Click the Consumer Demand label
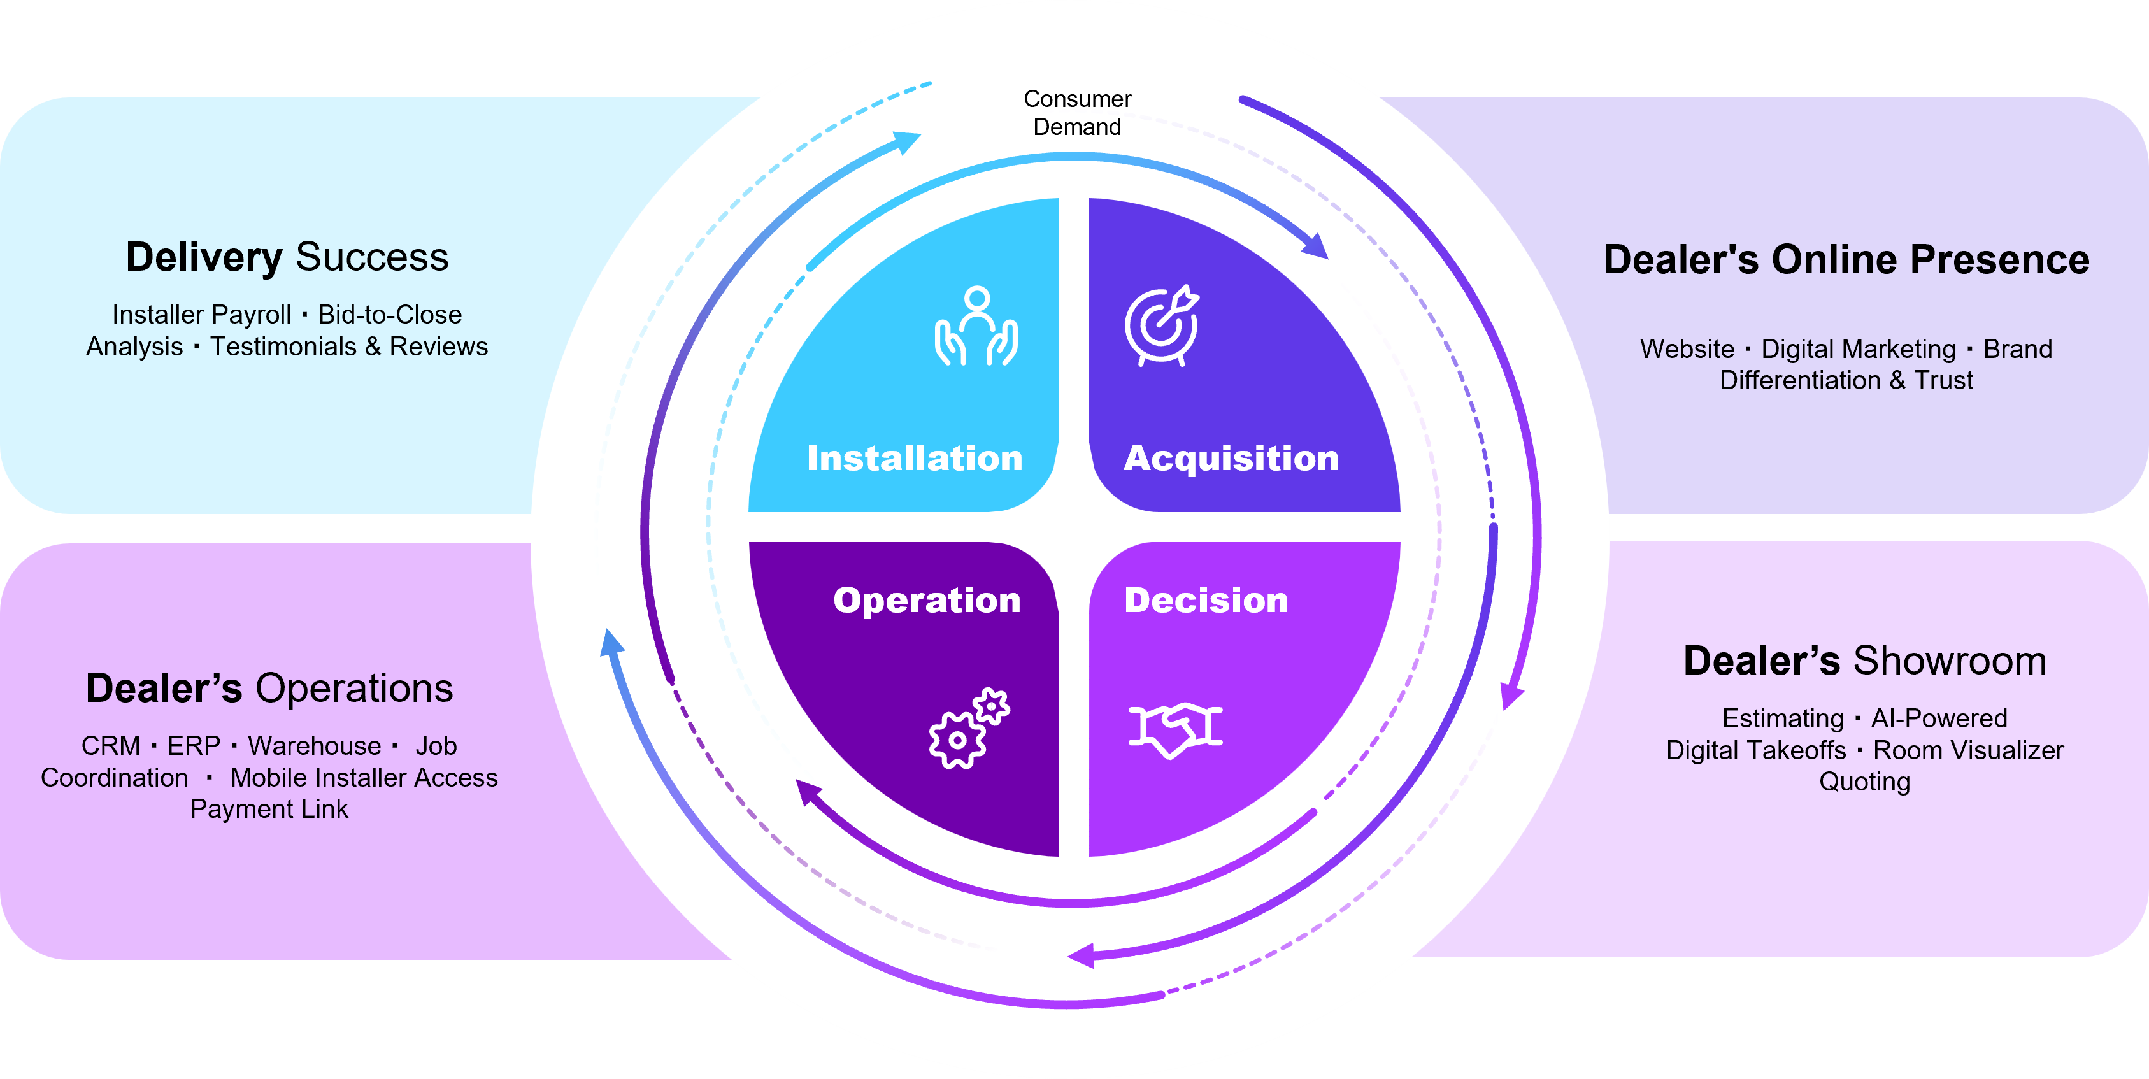point(1077,113)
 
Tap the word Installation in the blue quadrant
point(915,458)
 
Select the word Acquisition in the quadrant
point(1231,458)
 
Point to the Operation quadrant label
point(926,600)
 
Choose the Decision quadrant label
point(1206,600)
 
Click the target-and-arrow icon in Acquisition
point(1161,326)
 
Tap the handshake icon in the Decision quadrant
point(1174,729)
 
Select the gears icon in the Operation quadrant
point(969,729)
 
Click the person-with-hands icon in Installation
point(976,326)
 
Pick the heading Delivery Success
point(287,257)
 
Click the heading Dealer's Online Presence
point(1846,259)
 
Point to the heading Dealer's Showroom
point(1864,661)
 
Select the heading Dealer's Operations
point(269,689)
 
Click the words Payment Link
point(269,809)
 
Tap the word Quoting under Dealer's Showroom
point(1864,782)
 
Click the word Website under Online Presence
point(1687,349)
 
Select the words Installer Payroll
point(201,315)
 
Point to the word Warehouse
point(315,745)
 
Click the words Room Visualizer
point(1968,750)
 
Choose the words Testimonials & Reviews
point(348,347)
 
